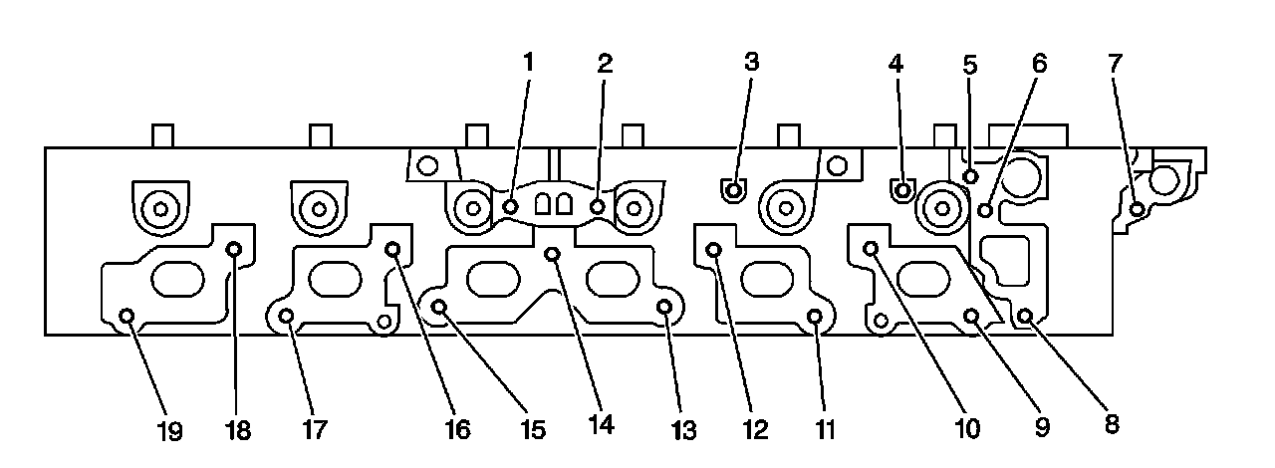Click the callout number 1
point(529,62)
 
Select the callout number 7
point(1115,62)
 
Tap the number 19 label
point(169,431)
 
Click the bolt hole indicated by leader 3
point(733,188)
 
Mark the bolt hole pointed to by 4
point(901,188)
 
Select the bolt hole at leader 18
point(235,249)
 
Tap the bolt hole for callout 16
point(392,249)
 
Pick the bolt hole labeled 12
point(713,249)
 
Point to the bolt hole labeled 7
point(1137,208)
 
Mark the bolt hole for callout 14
point(554,254)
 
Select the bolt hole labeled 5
point(969,176)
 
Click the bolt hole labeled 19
point(127,316)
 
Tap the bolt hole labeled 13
point(664,308)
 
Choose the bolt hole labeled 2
point(598,206)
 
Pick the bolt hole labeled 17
point(286,316)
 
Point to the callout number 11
point(826,430)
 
